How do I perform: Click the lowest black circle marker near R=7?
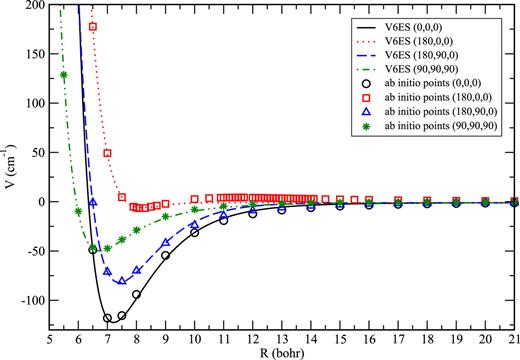pyautogui.click(x=107, y=318)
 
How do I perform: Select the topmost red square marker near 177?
pyautogui.click(x=93, y=26)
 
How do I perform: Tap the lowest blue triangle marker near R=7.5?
pyautogui.click(x=122, y=281)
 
